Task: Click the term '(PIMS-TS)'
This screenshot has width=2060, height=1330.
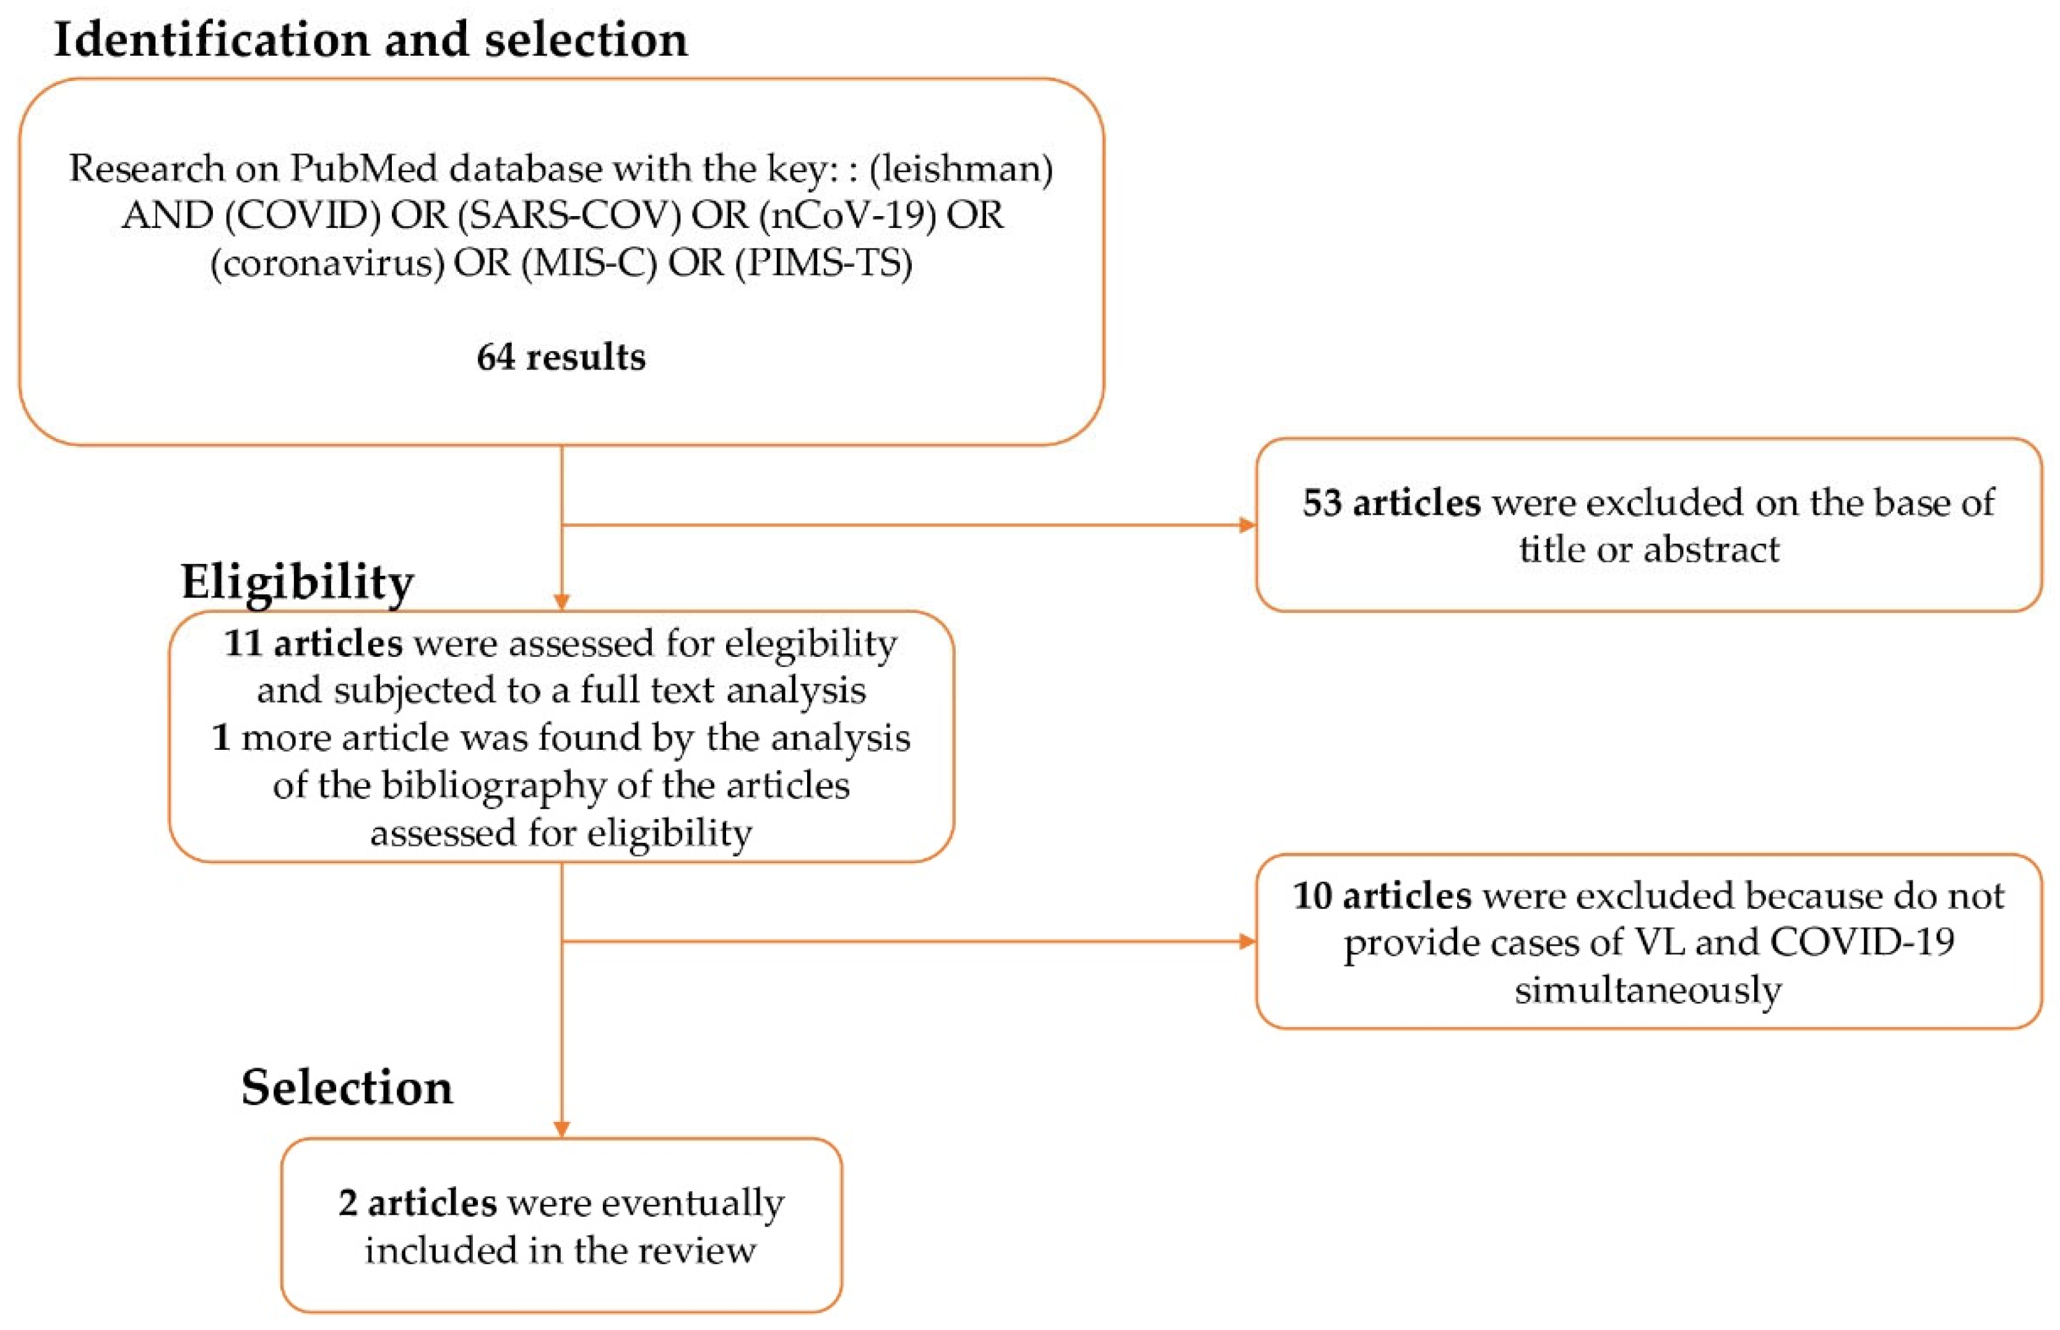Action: tap(824, 263)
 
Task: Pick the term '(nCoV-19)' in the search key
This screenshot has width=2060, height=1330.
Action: tap(848, 215)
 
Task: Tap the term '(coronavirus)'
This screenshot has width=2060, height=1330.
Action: tap(328, 263)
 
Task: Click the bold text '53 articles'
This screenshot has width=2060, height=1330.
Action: tap(1391, 503)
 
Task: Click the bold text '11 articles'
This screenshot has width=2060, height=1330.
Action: tap(313, 643)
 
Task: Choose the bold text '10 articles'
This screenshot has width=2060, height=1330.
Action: tap(1382, 895)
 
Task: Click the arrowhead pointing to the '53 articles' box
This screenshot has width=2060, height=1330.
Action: tap(1247, 525)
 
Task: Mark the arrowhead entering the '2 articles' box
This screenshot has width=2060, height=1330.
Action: tap(561, 1129)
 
